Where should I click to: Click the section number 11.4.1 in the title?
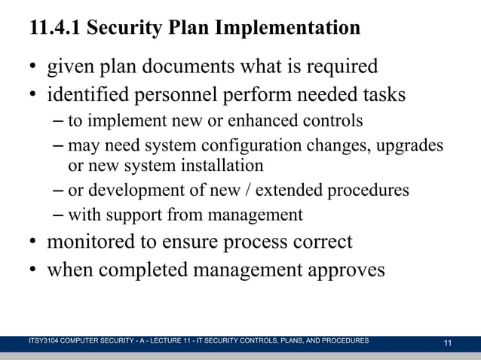[54, 29]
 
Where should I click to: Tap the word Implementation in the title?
[287, 29]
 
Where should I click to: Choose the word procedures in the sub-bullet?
[370, 190]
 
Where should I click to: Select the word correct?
[319, 243]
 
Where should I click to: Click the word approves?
[344, 269]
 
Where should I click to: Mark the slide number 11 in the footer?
[448, 343]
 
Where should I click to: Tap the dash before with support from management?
[59, 215]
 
